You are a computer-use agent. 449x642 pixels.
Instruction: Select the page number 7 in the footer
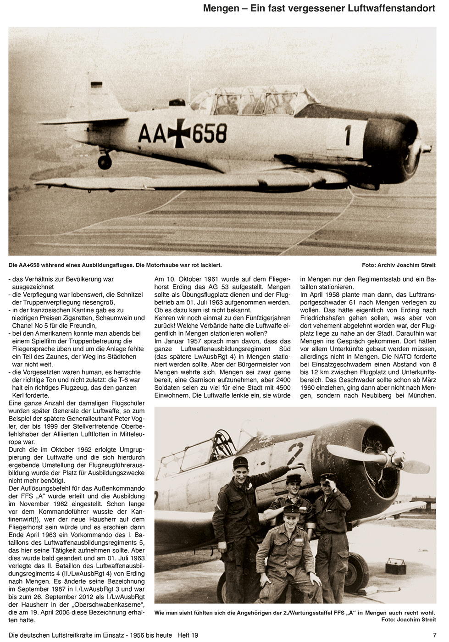click(434, 635)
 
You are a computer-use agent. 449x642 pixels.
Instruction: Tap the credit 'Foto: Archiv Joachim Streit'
click(399, 265)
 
